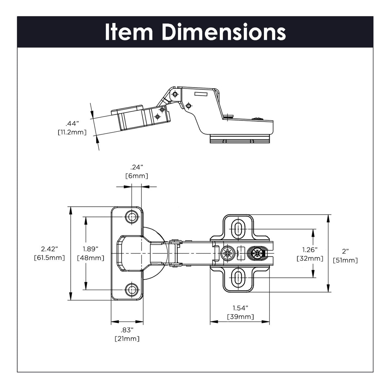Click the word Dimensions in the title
(224, 32)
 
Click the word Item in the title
(129, 32)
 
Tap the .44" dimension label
(73, 123)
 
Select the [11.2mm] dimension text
(72, 132)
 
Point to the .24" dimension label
(137, 167)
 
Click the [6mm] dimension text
(137, 176)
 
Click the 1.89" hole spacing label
(90, 249)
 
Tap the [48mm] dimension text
(90, 258)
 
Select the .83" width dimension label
(127, 330)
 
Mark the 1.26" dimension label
(310, 250)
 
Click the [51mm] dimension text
(345, 260)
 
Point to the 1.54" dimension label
(240, 308)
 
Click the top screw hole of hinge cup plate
(132, 217)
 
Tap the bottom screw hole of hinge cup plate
(132, 289)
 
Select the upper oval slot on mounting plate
(238, 229)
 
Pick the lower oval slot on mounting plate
(238, 278)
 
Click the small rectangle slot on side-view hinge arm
(201, 94)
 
